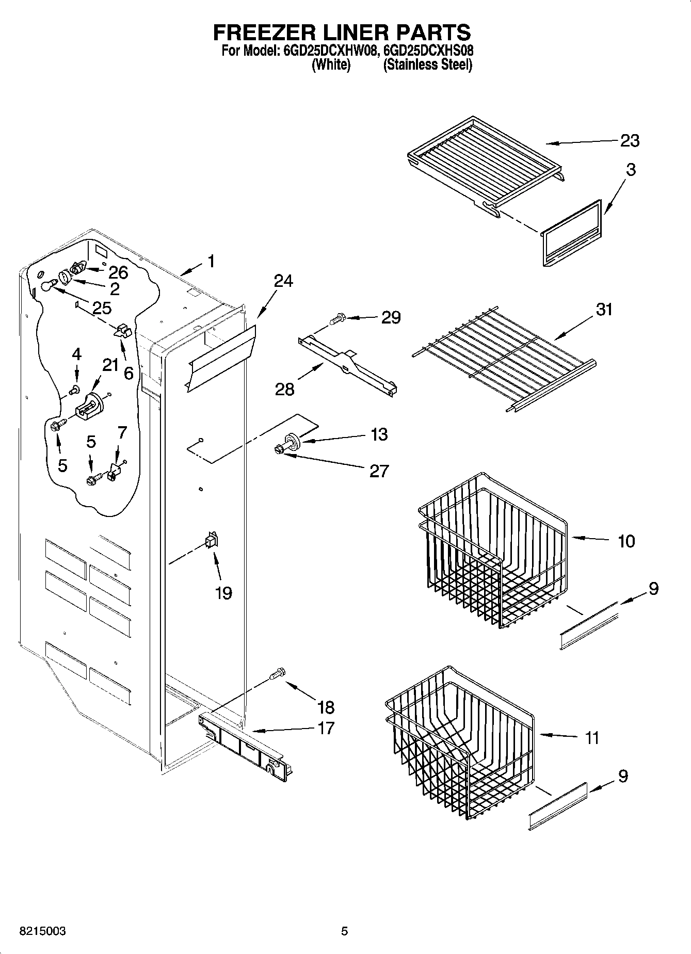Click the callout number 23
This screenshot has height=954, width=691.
630,140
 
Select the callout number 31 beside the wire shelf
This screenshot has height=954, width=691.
604,310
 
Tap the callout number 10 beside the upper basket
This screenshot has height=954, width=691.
626,541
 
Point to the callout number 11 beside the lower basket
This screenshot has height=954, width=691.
592,738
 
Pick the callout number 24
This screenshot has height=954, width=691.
283,281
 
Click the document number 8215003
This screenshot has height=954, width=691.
42,931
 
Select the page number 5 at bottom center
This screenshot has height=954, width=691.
344,931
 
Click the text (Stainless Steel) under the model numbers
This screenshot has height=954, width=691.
427,65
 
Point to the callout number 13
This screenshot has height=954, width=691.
379,434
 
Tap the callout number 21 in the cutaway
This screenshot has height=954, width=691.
110,365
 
